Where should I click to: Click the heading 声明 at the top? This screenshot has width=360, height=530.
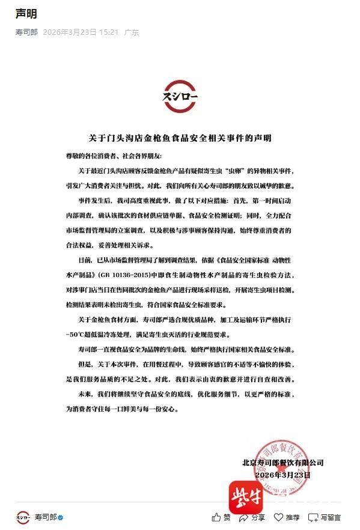tap(26, 14)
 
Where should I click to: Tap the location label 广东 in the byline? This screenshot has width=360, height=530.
tap(132, 32)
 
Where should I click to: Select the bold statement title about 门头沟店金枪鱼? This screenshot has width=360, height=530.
tap(180, 138)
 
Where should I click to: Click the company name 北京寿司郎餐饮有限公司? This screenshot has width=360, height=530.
tap(282, 462)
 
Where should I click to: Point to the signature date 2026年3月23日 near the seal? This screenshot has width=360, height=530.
tap(282, 475)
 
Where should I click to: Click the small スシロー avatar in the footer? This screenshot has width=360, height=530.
tap(23, 517)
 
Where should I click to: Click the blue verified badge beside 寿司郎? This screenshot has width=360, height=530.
tap(61, 517)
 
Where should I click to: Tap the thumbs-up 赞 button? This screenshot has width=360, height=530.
tap(221, 517)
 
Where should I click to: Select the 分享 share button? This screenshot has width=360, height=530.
tap(252, 517)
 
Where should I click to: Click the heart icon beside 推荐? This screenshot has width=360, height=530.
tap(279, 517)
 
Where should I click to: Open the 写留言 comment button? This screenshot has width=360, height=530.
tap(325, 517)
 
